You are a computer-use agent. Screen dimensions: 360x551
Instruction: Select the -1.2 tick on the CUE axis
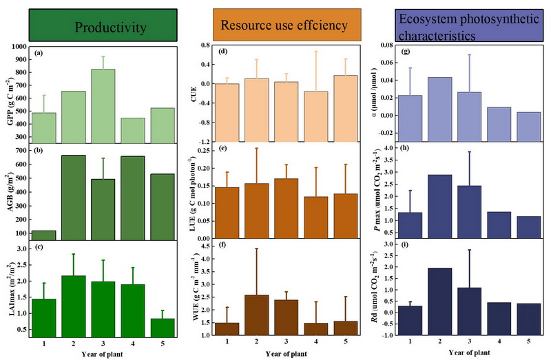click(204, 142)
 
